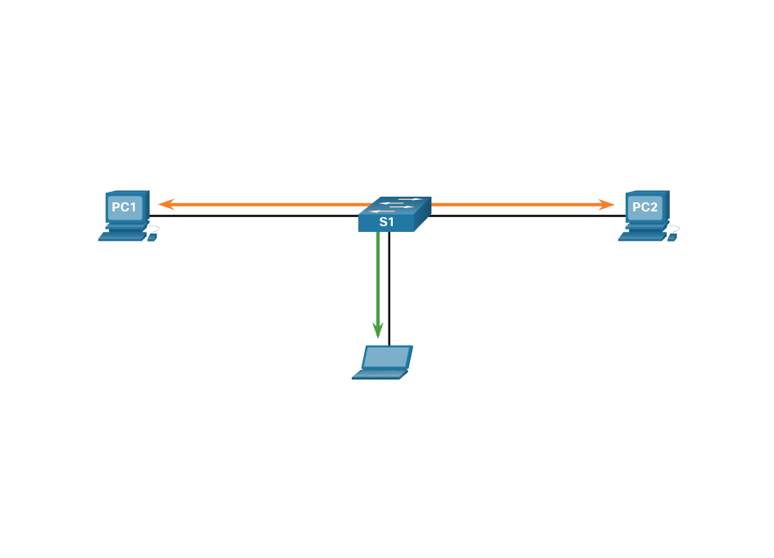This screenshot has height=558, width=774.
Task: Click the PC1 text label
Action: point(124,207)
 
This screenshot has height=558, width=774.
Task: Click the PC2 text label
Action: point(644,207)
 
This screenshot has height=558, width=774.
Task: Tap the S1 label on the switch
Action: point(386,222)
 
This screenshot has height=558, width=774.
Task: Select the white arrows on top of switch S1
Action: point(394,204)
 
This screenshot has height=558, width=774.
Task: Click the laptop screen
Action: point(387,356)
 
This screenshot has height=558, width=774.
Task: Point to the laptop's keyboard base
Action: point(380,374)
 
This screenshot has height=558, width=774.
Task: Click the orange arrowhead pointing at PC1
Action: point(165,204)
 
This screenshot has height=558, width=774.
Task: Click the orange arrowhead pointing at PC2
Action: point(608,204)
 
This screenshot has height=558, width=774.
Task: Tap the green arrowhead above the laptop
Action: point(378,330)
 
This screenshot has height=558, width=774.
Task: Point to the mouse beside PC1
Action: point(152,237)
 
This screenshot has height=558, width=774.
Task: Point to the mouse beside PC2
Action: point(672,237)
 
